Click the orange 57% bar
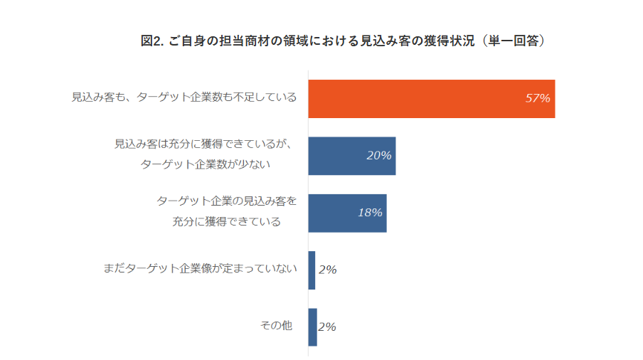tap(431, 98)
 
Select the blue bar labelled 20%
tap(351, 156)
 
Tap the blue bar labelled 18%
tap(347, 213)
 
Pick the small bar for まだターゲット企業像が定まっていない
tap(312, 270)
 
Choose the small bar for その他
tap(312, 327)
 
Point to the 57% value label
tap(538, 98)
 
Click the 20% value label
tap(379, 156)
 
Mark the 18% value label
tap(370, 213)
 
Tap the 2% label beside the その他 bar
tap(327, 327)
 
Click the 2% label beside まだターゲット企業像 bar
tap(327, 270)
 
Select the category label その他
tap(277, 325)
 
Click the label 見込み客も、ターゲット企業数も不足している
tap(184, 97)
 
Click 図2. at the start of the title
tap(152, 41)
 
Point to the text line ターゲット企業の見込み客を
tap(226, 201)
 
